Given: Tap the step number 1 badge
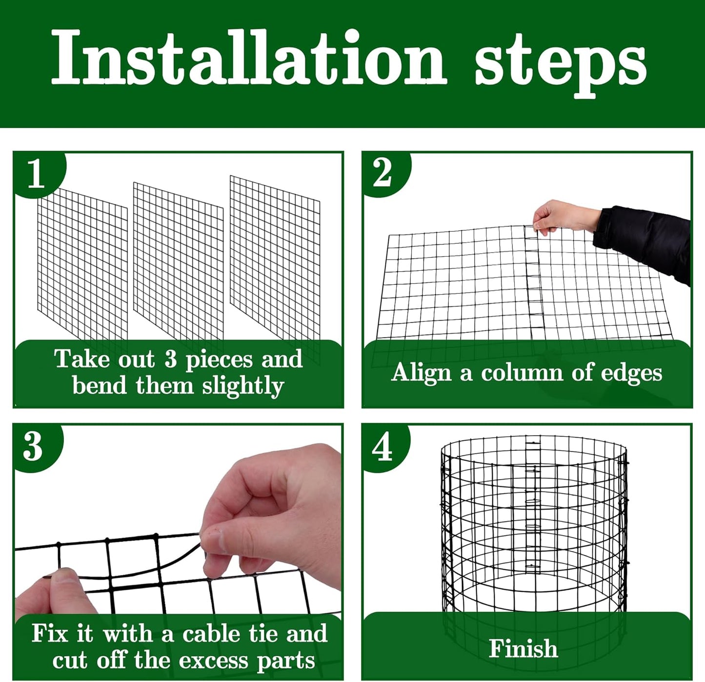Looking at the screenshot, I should pyautogui.click(x=36, y=173).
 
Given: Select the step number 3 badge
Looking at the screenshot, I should pyautogui.click(x=33, y=446).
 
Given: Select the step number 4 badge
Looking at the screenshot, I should pyautogui.click(x=382, y=446).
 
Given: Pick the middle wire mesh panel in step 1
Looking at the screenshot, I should pyautogui.click(x=178, y=261).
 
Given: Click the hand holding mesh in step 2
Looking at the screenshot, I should pyautogui.click(x=561, y=216).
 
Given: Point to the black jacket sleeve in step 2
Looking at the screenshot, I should pyautogui.click(x=644, y=239).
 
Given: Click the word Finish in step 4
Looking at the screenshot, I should pyautogui.click(x=523, y=648).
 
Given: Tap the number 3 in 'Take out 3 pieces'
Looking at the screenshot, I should pyautogui.click(x=170, y=360).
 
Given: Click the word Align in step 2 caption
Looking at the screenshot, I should pyautogui.click(x=422, y=373).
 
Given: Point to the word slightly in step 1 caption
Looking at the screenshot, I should pyautogui.click(x=242, y=386).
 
